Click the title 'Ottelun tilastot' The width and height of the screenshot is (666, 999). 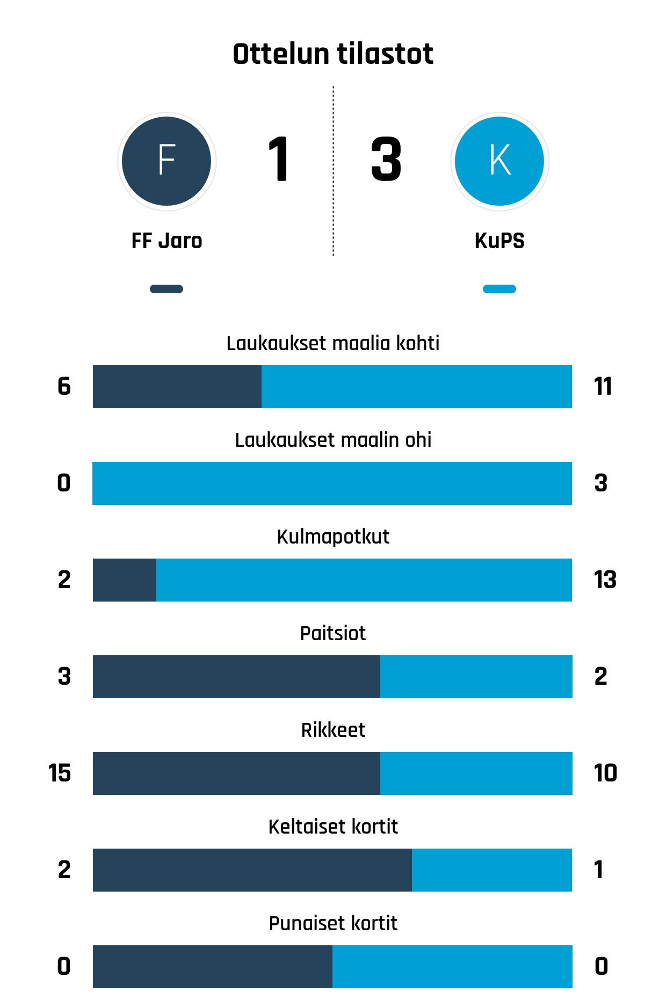[x=333, y=54]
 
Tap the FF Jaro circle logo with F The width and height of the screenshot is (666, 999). [x=166, y=161]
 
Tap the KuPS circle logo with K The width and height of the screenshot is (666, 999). [x=499, y=161]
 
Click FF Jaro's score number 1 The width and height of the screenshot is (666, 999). [x=279, y=160]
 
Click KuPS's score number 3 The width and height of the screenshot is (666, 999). [x=386, y=160]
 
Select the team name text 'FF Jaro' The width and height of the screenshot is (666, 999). [x=166, y=241]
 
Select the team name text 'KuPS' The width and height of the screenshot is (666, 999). [x=499, y=241]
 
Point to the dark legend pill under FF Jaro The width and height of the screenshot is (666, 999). [x=166, y=289]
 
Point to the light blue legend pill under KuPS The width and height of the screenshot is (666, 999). [x=499, y=289]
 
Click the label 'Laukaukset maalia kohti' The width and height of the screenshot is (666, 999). [x=333, y=343]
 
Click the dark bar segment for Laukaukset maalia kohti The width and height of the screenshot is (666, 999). [x=177, y=387]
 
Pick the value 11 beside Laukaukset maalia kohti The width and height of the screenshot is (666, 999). [x=603, y=387]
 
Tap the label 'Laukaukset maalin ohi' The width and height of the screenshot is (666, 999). [x=333, y=440]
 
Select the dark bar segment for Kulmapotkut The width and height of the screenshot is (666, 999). [x=125, y=580]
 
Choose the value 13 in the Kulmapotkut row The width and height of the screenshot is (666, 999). [x=605, y=580]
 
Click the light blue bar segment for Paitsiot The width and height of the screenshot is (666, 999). [x=476, y=677]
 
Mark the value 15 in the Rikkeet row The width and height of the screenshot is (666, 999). [x=60, y=773]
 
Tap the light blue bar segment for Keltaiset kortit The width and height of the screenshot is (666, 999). [x=492, y=870]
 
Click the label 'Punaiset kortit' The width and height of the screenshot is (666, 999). [x=333, y=923]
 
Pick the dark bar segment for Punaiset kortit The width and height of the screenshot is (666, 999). [x=213, y=967]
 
